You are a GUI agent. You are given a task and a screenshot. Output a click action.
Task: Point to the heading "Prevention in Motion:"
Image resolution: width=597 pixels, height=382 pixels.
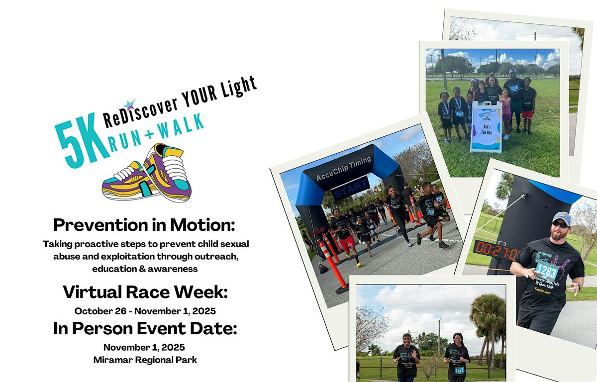click(x=144, y=225)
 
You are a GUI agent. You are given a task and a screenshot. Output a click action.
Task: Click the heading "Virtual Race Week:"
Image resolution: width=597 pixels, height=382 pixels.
click(x=145, y=292)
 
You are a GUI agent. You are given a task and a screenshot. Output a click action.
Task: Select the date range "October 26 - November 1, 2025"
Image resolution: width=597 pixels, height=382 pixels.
click(x=145, y=311)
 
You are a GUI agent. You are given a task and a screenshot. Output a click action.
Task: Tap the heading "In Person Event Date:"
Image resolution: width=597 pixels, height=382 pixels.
click(x=145, y=328)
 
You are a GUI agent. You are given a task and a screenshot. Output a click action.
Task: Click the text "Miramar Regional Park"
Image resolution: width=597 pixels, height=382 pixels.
click(x=145, y=360)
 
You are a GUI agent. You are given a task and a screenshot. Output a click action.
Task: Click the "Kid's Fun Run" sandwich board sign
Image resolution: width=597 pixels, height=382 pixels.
click(x=486, y=127)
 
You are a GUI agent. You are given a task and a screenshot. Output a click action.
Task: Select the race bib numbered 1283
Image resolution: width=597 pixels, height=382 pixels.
click(x=546, y=271)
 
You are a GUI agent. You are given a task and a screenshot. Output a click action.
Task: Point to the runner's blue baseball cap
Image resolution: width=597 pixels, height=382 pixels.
click(x=561, y=217)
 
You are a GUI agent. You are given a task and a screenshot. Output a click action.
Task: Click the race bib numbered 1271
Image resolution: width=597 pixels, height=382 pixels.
click(x=459, y=370)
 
